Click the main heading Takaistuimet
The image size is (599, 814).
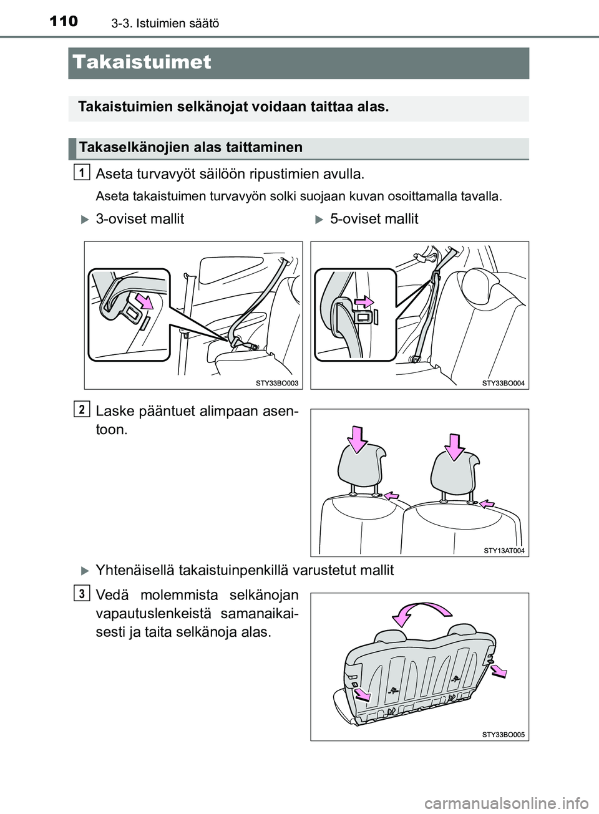pos(142,63)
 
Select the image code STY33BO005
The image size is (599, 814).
pos(504,735)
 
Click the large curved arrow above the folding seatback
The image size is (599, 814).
pos(423,613)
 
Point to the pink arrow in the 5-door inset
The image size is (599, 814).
pos(363,304)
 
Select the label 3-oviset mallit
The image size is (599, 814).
pos(140,219)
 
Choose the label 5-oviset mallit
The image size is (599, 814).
pos(374,219)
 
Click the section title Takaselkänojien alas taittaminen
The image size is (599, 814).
pos(190,148)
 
